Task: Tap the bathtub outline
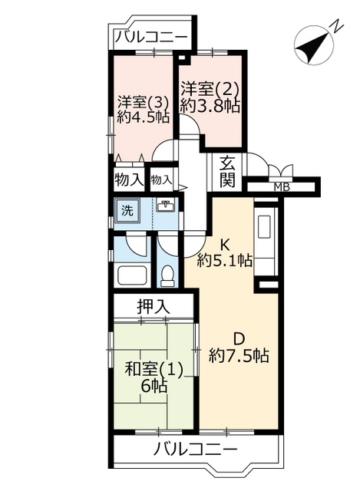click(133, 275)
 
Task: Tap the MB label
click(282, 187)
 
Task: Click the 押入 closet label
click(154, 306)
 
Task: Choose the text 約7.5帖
click(239, 356)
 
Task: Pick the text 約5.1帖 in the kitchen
click(224, 259)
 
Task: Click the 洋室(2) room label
click(210, 90)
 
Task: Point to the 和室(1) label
click(154, 370)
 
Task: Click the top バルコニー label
click(151, 38)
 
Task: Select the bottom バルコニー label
click(195, 450)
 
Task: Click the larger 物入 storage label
click(129, 180)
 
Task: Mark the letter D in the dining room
click(239, 339)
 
